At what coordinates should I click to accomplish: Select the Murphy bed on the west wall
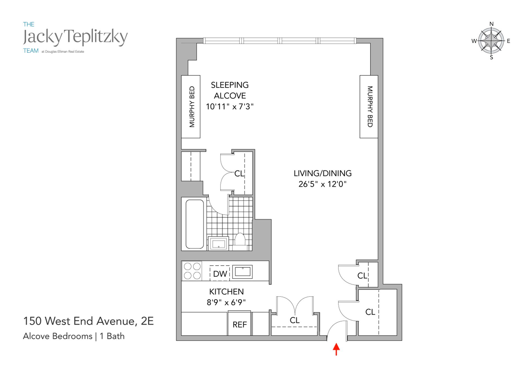point(191,107)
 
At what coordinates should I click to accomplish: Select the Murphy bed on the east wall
point(369,107)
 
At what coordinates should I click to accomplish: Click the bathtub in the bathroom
point(195,224)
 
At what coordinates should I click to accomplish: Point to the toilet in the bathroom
point(240,240)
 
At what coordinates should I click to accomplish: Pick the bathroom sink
point(218,243)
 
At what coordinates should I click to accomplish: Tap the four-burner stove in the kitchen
point(192,271)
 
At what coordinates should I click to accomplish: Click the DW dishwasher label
point(220,273)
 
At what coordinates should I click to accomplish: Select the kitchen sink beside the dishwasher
point(242,272)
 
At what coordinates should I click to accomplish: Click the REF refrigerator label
point(240,325)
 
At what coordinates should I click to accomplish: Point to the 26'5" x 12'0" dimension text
point(322,184)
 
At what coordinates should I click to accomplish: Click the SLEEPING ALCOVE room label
point(230,90)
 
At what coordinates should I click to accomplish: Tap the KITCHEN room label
point(226,291)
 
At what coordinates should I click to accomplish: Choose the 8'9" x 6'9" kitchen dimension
point(226,302)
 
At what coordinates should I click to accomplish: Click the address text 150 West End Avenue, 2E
point(88,321)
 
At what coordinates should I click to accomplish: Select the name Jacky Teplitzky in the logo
point(75,37)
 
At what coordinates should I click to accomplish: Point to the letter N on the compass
point(491,24)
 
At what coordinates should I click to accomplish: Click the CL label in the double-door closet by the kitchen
point(295,320)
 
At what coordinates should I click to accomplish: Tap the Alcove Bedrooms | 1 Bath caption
point(74,336)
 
